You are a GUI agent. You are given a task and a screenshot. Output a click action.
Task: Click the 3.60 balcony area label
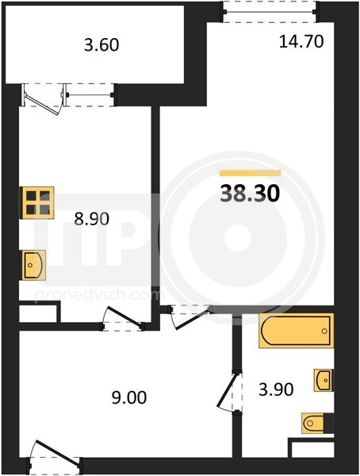(x=101, y=45)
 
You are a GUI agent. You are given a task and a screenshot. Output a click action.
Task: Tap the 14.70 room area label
(x=301, y=41)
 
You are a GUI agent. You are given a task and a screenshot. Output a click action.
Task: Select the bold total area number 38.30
(x=250, y=194)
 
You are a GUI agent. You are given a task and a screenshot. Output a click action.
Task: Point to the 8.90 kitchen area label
(x=92, y=219)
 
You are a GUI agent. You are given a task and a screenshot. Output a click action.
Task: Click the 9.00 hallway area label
(x=129, y=397)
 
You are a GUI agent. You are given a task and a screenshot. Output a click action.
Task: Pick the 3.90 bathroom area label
(x=276, y=390)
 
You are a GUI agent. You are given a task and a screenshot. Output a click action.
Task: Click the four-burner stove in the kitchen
(x=37, y=202)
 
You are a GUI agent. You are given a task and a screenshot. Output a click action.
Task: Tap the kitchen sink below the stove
(x=33, y=265)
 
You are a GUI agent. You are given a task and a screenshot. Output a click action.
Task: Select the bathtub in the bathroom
(x=296, y=331)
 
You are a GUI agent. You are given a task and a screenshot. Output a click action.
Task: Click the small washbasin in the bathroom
(x=324, y=380)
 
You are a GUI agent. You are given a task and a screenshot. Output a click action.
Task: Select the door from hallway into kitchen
(x=122, y=320)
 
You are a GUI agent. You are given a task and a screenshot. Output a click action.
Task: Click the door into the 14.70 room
(x=190, y=317)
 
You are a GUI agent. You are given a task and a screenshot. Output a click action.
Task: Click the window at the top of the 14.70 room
(x=270, y=12)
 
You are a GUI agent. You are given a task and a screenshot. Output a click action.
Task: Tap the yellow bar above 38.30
(x=250, y=173)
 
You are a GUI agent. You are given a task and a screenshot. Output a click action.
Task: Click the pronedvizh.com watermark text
(x=100, y=295)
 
